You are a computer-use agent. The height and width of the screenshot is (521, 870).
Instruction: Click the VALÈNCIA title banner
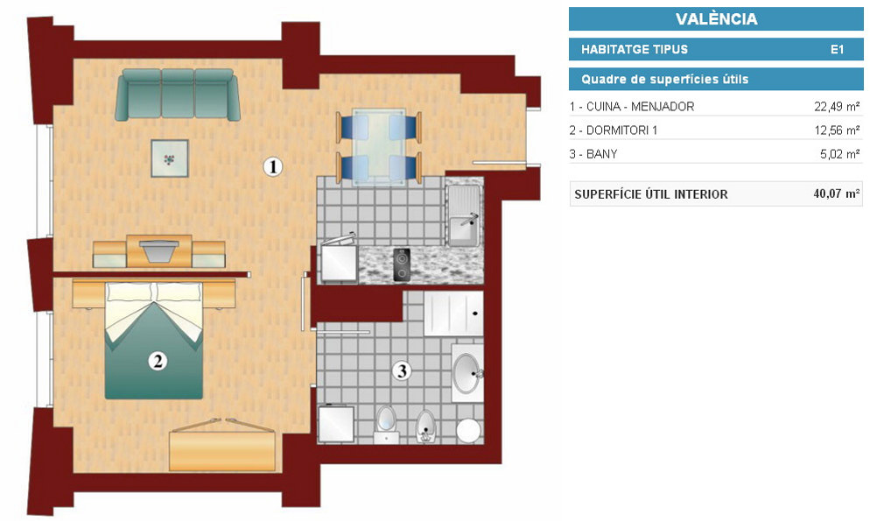(716, 19)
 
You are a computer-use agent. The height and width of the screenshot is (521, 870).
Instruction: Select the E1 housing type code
(837, 49)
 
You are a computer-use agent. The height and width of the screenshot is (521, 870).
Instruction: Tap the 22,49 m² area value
(837, 106)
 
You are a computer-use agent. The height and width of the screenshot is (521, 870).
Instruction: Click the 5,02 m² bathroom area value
(840, 154)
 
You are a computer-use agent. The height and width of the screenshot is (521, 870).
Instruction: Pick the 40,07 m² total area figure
(837, 194)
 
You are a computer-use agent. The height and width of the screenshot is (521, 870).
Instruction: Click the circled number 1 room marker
(272, 166)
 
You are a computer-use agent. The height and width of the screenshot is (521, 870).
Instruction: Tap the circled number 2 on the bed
(158, 362)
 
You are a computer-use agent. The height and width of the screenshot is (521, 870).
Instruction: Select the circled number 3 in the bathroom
(403, 370)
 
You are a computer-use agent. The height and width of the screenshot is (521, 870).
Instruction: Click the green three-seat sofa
(178, 95)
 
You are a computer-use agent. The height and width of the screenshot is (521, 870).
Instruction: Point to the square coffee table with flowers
(170, 158)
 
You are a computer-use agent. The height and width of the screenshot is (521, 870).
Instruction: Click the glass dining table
(379, 146)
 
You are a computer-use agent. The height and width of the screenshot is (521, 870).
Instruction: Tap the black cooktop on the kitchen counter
(402, 264)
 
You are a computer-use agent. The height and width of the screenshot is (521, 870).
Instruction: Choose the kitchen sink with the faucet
(465, 215)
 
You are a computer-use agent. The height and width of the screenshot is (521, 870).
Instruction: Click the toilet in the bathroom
(386, 425)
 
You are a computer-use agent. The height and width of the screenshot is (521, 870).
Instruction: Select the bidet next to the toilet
(425, 426)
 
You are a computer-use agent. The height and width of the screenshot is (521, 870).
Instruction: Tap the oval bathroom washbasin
(467, 373)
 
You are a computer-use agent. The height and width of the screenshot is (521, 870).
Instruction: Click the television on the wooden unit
(159, 250)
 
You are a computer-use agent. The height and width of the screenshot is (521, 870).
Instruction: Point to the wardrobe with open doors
(222, 445)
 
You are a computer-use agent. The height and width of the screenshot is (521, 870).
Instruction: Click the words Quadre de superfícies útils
(664, 80)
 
